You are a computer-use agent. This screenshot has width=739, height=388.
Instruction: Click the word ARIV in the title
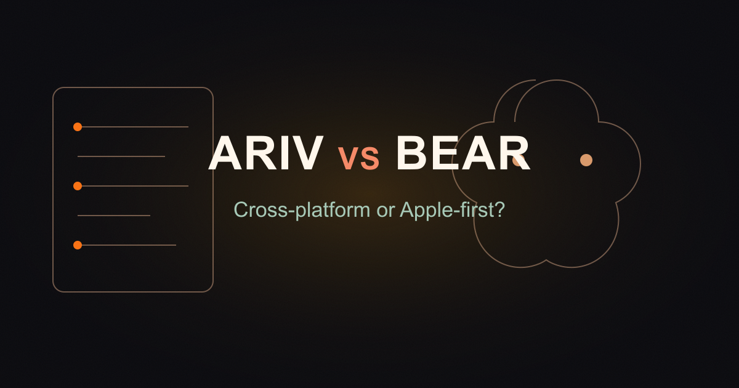pos(266,153)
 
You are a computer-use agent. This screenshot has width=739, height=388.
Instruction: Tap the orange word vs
pos(359,157)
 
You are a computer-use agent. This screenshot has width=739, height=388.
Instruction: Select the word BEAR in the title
pos(463,153)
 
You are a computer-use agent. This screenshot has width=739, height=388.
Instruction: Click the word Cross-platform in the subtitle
pos(302,210)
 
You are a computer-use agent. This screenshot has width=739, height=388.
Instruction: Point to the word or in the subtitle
pos(385,211)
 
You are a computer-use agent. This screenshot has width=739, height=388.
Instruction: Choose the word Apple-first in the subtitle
pos(445,210)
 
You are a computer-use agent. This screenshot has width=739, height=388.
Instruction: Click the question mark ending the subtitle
pos(498,209)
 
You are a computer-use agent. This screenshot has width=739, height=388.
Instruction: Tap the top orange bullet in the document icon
pos(78,127)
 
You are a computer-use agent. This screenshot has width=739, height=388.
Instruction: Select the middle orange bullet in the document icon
pos(78,186)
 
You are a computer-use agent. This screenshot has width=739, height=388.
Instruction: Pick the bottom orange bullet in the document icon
pos(78,245)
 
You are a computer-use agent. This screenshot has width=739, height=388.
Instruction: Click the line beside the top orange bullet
pos(135,127)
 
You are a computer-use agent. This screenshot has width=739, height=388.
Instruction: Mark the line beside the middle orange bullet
pos(135,186)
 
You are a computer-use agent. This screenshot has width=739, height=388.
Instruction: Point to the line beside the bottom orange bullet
pos(129,245)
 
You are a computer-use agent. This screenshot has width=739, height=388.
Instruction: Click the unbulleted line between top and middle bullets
pos(121,156)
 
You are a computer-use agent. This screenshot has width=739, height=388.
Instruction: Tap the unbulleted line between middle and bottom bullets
pos(114,216)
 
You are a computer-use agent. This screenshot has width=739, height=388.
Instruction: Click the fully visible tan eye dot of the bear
pos(586,160)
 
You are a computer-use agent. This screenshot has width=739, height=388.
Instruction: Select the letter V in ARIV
pos(307,153)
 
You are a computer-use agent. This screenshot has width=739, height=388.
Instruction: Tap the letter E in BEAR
pos(443,153)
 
